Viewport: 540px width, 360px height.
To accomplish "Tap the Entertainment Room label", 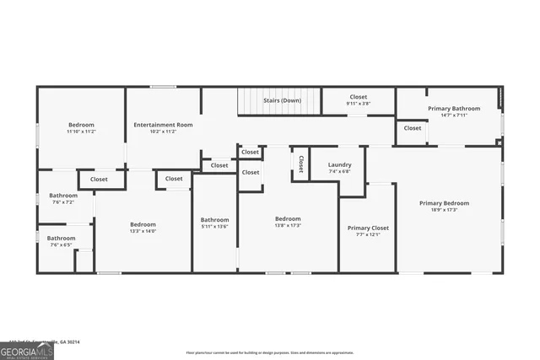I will (x=163, y=125).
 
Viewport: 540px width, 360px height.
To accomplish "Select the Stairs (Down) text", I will (x=282, y=100).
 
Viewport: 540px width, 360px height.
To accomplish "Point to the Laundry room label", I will (x=339, y=164).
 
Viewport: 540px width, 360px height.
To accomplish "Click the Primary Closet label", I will (x=368, y=228).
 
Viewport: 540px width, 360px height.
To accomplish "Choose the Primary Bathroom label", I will (x=453, y=109).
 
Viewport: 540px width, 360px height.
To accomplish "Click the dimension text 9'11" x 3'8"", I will (x=358, y=104).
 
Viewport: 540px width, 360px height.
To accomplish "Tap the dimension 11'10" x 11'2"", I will (x=81, y=132).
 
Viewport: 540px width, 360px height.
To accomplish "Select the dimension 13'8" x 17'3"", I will (x=288, y=225).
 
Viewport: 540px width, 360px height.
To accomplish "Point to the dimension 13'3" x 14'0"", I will (x=143, y=230).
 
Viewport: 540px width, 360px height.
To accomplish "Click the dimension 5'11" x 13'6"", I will (x=214, y=226).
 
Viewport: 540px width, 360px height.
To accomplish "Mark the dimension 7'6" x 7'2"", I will (x=63, y=202).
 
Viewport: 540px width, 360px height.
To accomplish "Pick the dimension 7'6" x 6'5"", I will (x=61, y=244).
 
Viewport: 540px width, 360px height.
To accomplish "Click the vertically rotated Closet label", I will (x=300, y=163).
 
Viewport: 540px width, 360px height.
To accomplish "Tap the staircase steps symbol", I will (x=252, y=102).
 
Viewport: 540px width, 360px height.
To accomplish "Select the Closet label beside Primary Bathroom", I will (x=412, y=128).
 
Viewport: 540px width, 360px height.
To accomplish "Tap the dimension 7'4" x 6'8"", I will (x=339, y=171).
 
